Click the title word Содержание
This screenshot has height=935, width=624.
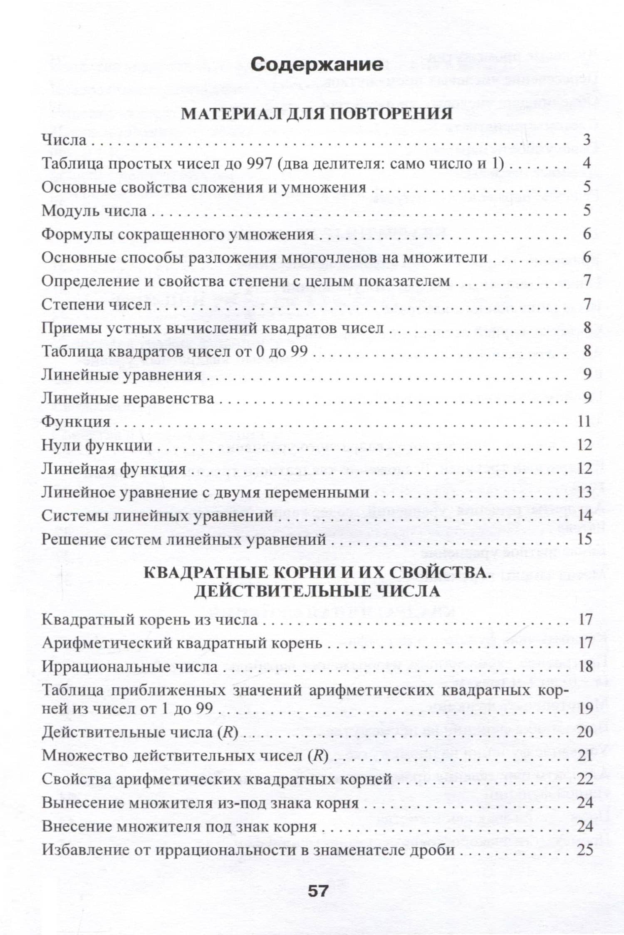(x=317, y=65)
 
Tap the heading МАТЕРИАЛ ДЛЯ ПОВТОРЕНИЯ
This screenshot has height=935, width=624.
(x=317, y=114)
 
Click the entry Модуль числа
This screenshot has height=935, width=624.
(x=94, y=211)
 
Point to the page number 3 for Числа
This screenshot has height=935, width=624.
(x=587, y=140)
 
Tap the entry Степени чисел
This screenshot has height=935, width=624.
(x=97, y=305)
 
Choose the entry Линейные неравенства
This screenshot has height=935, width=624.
(x=128, y=398)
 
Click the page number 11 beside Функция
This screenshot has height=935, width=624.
(x=584, y=422)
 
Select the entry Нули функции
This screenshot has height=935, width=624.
(x=97, y=445)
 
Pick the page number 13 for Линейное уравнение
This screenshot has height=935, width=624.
(x=584, y=492)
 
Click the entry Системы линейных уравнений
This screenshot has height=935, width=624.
(x=157, y=516)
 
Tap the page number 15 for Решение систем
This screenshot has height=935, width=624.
(x=584, y=539)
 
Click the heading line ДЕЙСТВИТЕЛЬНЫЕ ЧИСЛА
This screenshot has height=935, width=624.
(x=317, y=591)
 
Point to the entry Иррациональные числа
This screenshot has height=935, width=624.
(x=130, y=667)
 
